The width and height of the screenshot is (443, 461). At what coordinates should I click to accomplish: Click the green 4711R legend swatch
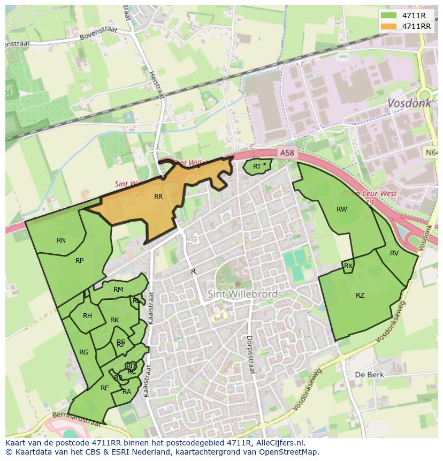point(389,16)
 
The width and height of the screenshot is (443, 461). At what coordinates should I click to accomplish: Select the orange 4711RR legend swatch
point(389,26)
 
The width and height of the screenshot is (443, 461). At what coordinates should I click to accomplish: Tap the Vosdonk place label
point(409,103)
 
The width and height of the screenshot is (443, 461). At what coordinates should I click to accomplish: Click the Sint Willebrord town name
point(242,294)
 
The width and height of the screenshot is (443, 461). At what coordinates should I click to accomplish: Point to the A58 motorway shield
point(287,153)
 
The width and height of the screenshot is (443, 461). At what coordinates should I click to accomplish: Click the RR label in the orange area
point(158,197)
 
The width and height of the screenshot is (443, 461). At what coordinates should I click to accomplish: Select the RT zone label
point(257,167)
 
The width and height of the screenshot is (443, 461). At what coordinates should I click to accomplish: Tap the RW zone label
point(341,209)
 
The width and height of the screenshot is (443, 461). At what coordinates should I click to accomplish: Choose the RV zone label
point(394,253)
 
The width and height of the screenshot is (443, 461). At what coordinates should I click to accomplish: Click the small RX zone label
point(348,266)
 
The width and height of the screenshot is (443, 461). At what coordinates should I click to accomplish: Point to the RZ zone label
point(360,296)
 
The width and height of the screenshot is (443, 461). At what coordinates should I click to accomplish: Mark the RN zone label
point(62,240)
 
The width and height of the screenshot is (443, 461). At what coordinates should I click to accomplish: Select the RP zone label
point(79,261)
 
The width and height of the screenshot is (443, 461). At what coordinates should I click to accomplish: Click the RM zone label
point(118,290)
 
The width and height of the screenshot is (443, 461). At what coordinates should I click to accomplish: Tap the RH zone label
point(87,316)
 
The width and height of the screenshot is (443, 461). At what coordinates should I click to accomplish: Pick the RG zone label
point(83,352)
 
